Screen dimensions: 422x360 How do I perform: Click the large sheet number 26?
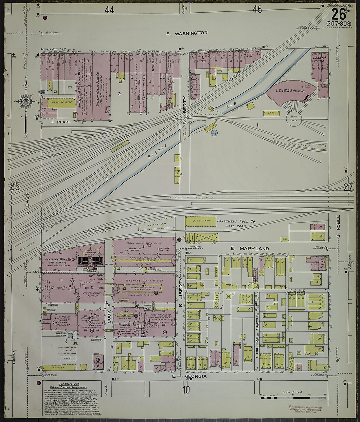[x=339, y=14]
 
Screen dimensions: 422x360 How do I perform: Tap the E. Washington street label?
[x=187, y=33]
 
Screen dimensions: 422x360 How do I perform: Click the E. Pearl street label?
[x=61, y=122]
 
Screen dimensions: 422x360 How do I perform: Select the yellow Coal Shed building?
[x=201, y=221]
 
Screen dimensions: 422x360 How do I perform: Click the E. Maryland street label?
[x=250, y=249]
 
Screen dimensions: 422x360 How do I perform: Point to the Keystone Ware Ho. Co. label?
[x=58, y=259]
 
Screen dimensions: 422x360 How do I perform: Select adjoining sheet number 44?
[x=109, y=10]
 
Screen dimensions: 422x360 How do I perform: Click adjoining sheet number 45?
[x=257, y=10]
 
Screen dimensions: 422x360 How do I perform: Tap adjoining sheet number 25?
[x=14, y=187]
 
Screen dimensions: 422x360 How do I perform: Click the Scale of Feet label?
[x=293, y=392]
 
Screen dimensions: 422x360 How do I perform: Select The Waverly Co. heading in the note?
[x=69, y=384]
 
